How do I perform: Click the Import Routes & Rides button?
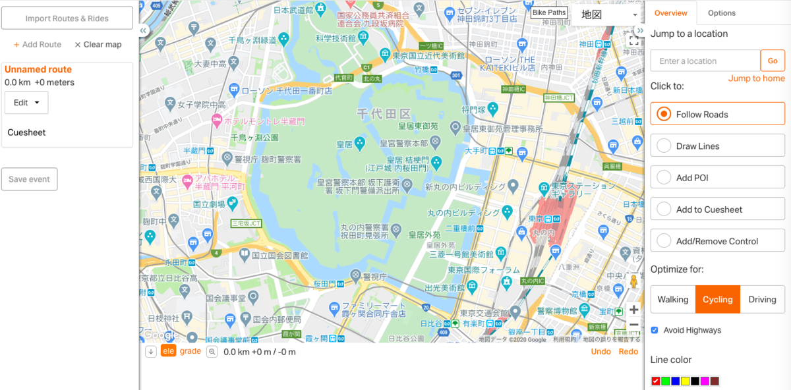pyautogui.click(x=67, y=18)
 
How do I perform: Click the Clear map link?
pyautogui.click(x=98, y=45)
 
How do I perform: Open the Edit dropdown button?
pyautogui.click(x=26, y=103)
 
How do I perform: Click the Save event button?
pyautogui.click(x=30, y=179)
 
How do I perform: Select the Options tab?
pyautogui.click(x=721, y=13)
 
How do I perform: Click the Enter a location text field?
pyautogui.click(x=705, y=61)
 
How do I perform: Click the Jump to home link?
pyautogui.click(x=756, y=78)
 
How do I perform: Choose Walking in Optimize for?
pyautogui.click(x=672, y=299)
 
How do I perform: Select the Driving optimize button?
pyautogui.click(x=762, y=299)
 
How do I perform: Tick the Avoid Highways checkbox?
pyautogui.click(x=655, y=330)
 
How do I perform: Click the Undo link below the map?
pyautogui.click(x=601, y=351)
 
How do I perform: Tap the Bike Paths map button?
pyautogui.click(x=548, y=13)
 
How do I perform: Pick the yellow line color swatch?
pyautogui.click(x=685, y=381)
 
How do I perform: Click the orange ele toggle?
pyautogui.click(x=168, y=351)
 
